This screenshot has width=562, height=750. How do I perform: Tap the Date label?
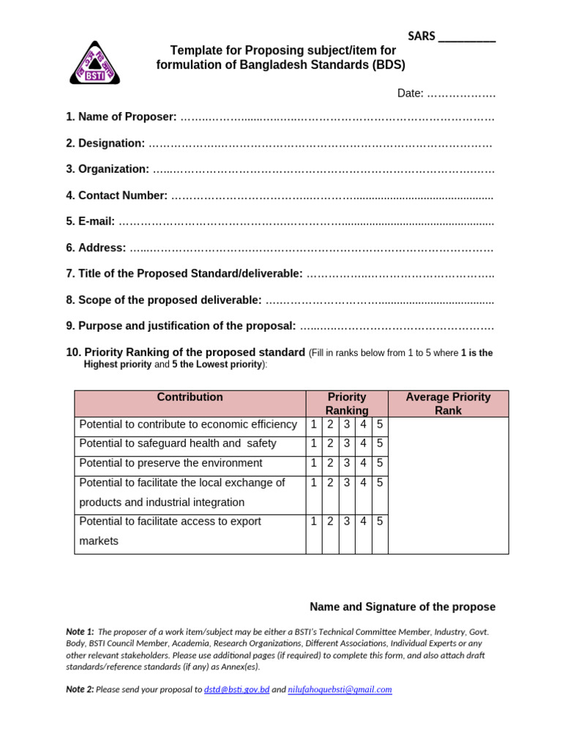pos(410,93)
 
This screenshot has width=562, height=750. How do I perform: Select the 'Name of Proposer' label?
pos(121,116)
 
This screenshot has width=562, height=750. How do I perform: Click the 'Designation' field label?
pos(105,143)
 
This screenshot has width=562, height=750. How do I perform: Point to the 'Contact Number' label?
pos(116,196)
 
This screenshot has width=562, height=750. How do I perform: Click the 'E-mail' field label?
pos(90,221)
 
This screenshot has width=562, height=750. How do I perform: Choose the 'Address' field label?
pos(96,248)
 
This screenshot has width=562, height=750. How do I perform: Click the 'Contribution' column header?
pos(190,397)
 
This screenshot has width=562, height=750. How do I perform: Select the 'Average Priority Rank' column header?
pos(448,404)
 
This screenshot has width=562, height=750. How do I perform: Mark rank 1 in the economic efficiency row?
pos(314,424)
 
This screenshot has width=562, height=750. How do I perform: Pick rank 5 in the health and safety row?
pos(380,443)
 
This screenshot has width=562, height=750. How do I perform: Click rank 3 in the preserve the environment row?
pos(347,463)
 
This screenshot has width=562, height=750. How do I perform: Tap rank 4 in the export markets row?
pos(363,521)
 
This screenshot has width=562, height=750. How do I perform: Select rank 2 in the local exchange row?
pos(330,483)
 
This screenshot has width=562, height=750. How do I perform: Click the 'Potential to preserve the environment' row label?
pos(170,463)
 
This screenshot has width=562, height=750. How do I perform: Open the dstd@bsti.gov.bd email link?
pos(236,689)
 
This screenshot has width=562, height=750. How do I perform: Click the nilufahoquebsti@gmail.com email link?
pos(340,689)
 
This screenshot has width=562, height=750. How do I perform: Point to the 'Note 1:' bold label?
pos(80,631)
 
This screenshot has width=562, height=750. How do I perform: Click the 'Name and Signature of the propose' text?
pos(402,606)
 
